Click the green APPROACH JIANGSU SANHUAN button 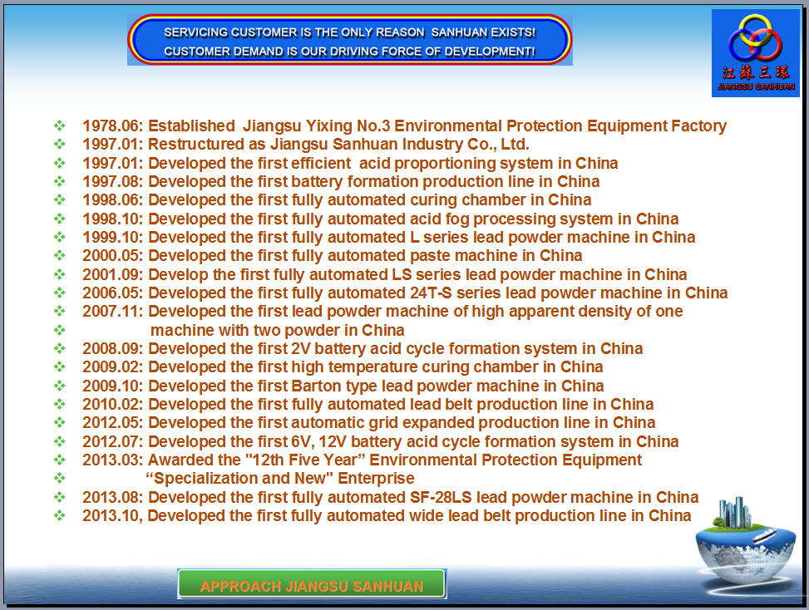point(312,583)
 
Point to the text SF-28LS point(441,497)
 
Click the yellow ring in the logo point(755,30)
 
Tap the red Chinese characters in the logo point(756,71)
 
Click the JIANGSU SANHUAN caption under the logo point(756,86)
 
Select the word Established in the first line point(191,125)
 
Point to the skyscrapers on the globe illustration point(733,512)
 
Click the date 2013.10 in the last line point(112,515)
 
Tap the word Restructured point(206,145)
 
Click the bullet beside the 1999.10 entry point(60,237)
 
